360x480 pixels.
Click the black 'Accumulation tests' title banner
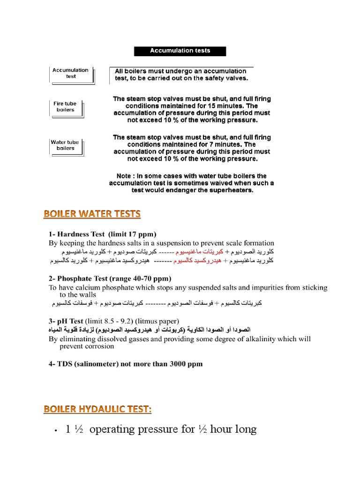pos(180,51)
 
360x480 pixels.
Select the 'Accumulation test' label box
pos(70,74)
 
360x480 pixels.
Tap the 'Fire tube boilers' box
pos(65,107)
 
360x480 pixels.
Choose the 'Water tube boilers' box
pos(65,145)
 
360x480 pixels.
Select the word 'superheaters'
pos(229,190)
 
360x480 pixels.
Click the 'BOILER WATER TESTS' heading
pos(92,214)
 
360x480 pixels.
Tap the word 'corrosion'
pos(98,346)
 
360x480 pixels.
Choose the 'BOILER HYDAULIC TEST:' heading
pos(97,409)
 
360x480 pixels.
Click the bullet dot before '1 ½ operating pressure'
pos(56,430)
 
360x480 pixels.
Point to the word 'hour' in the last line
pos(218,429)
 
